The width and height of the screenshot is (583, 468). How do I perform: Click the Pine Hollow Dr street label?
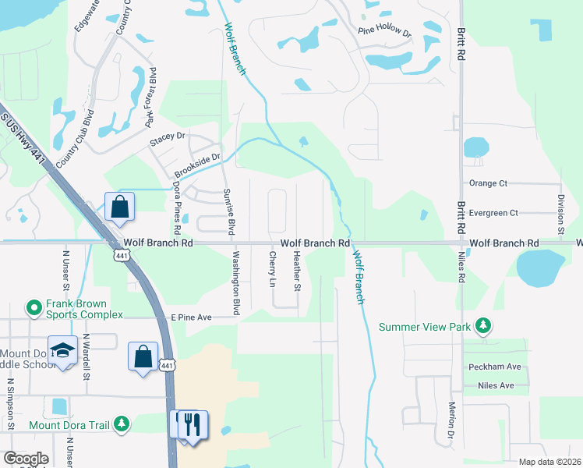[384, 32]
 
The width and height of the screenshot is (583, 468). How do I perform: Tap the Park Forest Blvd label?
[152, 102]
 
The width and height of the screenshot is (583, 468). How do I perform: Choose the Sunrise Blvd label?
[229, 211]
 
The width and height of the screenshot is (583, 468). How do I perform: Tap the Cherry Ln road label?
[273, 269]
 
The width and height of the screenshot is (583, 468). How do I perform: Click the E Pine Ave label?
[192, 317]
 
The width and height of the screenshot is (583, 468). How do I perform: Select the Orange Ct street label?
[488, 183]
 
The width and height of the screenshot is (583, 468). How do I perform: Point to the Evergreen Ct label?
[493, 212]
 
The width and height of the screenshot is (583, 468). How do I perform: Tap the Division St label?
[560, 214]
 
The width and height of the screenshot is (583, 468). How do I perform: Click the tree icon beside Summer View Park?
[484, 325]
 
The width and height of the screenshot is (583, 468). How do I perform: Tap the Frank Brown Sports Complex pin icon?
[34, 309]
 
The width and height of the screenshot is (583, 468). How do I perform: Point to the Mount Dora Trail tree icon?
[122, 424]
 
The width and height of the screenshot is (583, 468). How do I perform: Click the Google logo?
[25, 459]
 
